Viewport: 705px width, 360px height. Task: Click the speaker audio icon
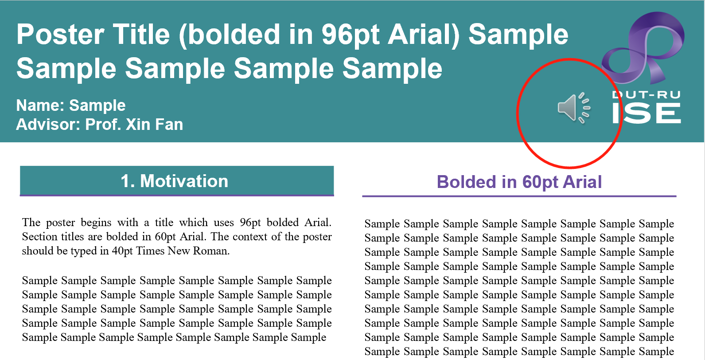pos(573,108)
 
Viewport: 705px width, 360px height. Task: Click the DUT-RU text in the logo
pos(647,95)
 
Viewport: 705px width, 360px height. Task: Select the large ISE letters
pos(647,113)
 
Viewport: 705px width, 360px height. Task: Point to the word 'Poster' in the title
pos(60,34)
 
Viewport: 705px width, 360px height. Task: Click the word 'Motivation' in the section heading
pos(184,181)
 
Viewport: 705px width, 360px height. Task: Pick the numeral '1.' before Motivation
pos(128,181)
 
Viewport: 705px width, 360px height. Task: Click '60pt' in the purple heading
pos(539,183)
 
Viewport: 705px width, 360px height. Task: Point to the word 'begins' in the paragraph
pos(96,223)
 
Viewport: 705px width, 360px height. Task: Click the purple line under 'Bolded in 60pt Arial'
pos(519,196)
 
